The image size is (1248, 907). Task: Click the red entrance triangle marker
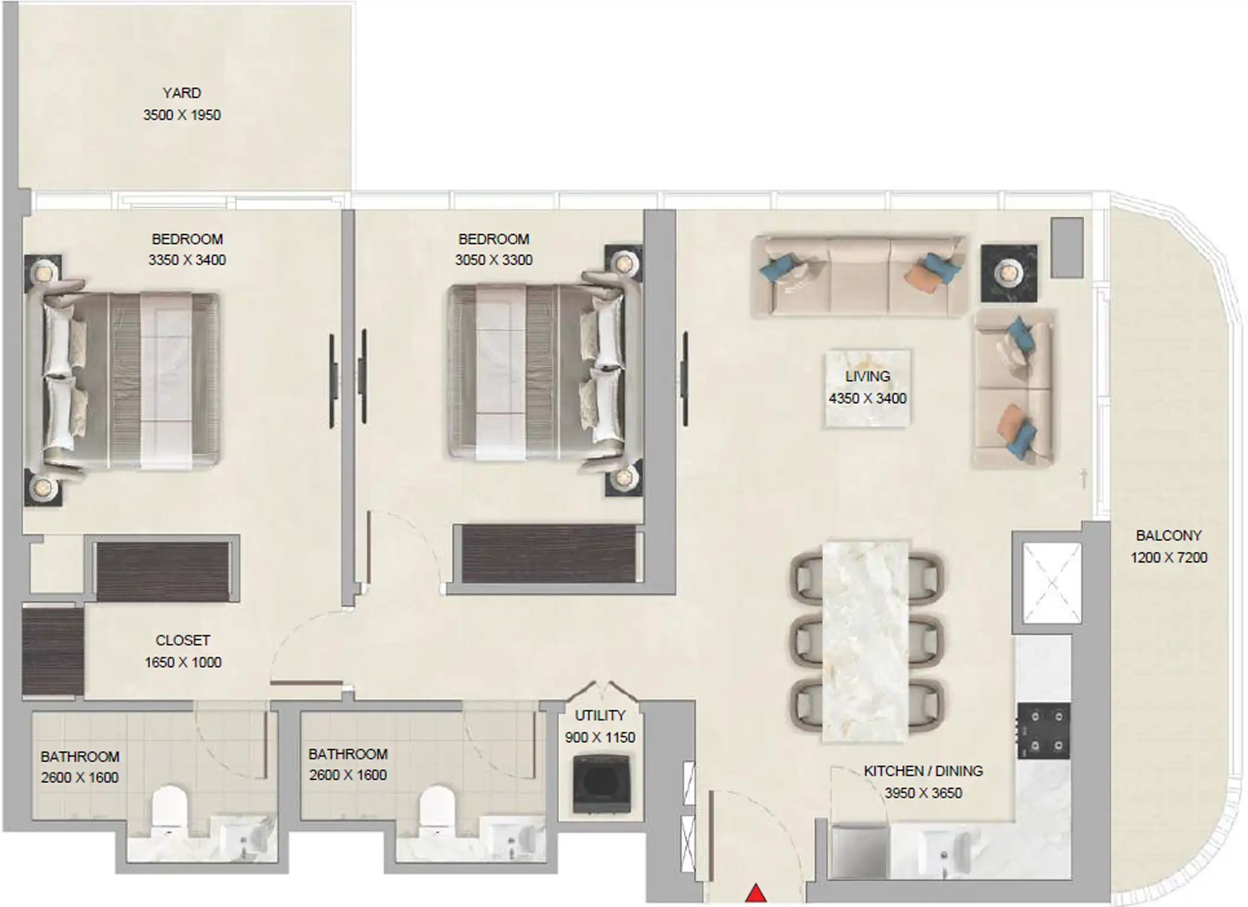tap(755, 894)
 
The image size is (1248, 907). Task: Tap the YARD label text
tap(181, 93)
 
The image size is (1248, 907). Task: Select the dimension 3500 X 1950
tap(181, 115)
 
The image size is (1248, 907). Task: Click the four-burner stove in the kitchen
tap(1043, 730)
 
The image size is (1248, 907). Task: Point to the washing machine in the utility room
tap(601, 784)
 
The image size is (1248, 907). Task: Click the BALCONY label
tap(1168, 536)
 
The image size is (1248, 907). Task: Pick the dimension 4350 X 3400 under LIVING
tap(867, 398)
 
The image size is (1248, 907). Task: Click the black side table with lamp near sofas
tap(1008, 273)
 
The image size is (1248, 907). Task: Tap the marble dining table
tap(865, 640)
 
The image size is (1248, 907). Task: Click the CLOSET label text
tap(183, 640)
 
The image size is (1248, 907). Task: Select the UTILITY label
tap(600, 715)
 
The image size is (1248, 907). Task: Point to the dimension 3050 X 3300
tap(493, 260)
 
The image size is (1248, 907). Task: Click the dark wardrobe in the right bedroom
tap(548, 554)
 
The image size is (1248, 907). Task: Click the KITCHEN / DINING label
tap(923, 771)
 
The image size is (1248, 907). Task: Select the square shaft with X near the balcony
tap(1051, 583)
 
